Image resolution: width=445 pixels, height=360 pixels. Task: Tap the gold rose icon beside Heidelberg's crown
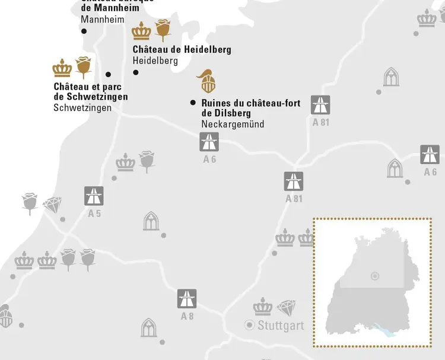163,30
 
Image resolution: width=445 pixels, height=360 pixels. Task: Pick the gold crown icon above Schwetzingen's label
62,68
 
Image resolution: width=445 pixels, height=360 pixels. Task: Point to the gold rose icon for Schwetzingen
84,68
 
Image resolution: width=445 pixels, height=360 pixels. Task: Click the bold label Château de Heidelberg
182,49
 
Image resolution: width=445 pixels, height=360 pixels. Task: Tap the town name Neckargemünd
233,124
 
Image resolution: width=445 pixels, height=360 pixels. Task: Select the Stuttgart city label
281,326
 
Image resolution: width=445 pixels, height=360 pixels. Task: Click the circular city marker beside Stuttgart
250,325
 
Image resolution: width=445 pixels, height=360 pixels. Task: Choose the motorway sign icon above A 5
94,195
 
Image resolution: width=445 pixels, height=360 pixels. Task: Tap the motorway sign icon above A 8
187,298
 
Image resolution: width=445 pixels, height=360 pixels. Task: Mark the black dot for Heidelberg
135,72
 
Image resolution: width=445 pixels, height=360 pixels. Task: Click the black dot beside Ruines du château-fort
193,103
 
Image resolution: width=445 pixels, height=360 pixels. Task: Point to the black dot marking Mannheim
84,31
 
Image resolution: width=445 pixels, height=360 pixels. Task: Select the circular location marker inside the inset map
374,276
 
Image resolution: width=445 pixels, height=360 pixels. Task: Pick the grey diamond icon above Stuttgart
286,307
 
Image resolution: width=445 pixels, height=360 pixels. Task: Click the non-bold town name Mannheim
103,20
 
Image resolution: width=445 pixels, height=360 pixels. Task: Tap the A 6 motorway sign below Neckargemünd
209,142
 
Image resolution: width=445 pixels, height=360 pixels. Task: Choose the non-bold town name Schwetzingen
82,107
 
